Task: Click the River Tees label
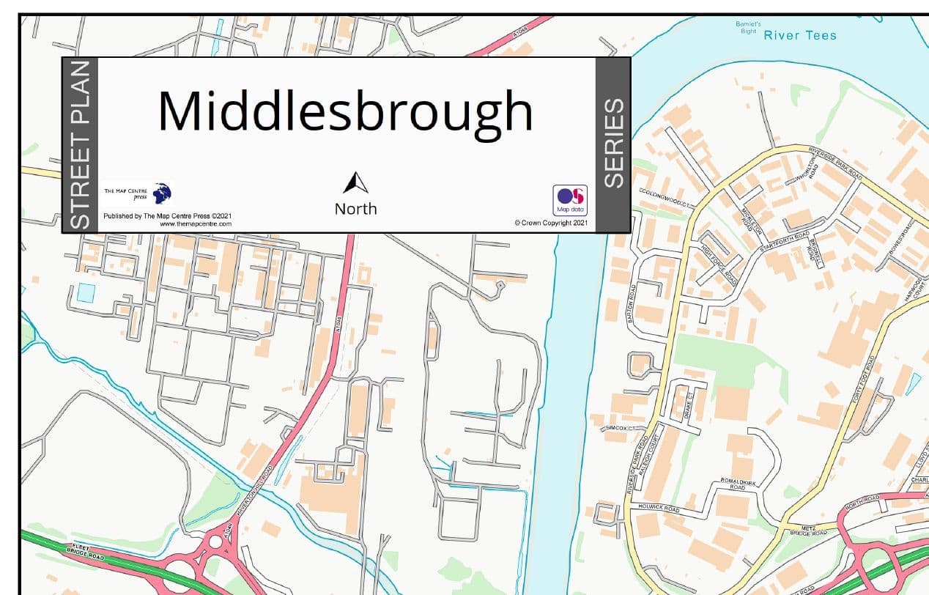[800, 35]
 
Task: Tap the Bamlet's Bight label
[748, 28]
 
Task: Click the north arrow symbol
[355, 184]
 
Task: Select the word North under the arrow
[355, 209]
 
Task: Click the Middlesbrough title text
[345, 111]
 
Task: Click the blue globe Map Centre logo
[162, 193]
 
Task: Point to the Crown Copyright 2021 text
[551, 223]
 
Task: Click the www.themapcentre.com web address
[196, 223]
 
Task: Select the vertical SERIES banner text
[613, 144]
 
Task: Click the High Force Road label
[719, 265]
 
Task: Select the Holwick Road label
[659, 508]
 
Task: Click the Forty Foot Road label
[862, 380]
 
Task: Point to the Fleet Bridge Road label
[86, 552]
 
